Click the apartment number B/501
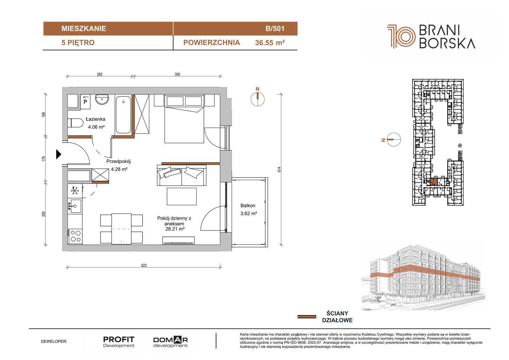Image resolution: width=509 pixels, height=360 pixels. click(x=275, y=28)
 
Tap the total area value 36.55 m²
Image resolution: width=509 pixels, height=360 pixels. click(x=270, y=43)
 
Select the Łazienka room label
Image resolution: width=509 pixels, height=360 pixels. click(x=95, y=119)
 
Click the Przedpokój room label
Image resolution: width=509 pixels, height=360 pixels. click(x=118, y=161)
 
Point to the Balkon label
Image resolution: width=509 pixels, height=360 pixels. click(x=248, y=206)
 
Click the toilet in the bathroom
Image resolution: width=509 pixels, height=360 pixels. click(x=75, y=123)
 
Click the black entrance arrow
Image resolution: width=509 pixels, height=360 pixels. click(x=59, y=154)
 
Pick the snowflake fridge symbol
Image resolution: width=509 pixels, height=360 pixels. click(x=74, y=191)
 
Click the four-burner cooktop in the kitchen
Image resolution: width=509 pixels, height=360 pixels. click(x=75, y=236)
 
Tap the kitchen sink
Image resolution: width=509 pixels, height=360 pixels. click(x=74, y=206)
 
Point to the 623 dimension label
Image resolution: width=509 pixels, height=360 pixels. click(x=144, y=265)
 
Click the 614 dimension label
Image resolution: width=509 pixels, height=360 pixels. click(x=279, y=169)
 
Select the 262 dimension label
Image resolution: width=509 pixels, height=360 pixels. click(x=100, y=74)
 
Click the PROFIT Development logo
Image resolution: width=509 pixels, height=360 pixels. click(x=119, y=342)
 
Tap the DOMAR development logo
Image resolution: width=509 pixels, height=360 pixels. click(x=171, y=342)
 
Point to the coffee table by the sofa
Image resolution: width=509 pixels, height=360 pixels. click(x=182, y=196)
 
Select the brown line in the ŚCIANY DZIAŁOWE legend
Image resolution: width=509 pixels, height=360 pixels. click(x=307, y=317)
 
